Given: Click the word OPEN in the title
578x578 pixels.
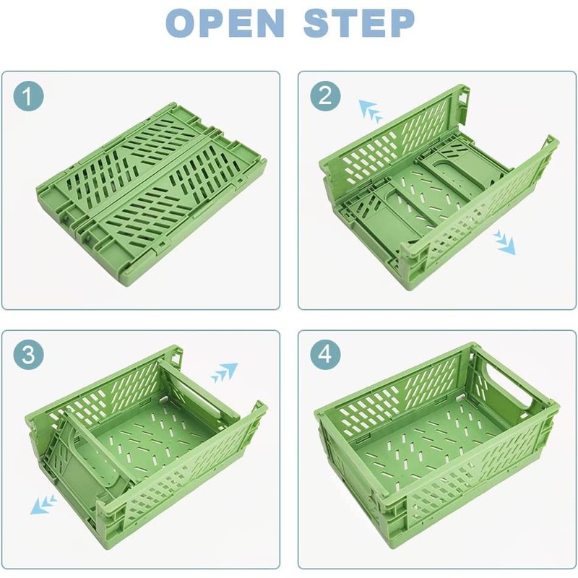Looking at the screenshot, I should [x=225, y=23].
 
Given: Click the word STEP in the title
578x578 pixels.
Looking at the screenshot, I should [x=358, y=23].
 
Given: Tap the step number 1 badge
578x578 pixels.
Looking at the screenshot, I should [x=29, y=96].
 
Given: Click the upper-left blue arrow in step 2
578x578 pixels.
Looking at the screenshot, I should [x=371, y=111].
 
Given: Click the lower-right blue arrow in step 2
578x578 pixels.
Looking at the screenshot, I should [x=504, y=243].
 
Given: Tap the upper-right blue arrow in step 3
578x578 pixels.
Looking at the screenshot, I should [x=224, y=373].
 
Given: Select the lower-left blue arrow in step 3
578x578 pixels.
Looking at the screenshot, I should [x=45, y=503].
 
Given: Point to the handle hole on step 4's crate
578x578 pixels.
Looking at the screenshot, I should [x=515, y=388].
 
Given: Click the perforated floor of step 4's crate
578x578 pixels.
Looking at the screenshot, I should [x=426, y=441].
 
